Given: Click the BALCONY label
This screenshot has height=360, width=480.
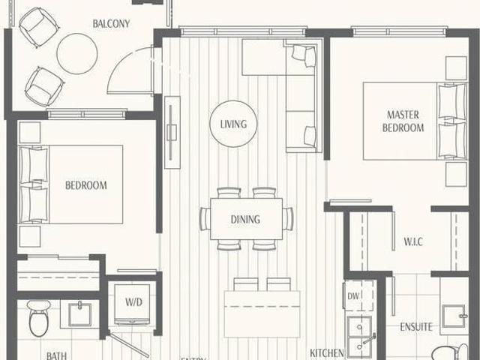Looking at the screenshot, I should (x=111, y=23).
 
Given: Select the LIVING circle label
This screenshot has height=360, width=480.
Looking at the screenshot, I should (x=233, y=124).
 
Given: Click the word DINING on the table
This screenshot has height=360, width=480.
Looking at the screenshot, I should (x=246, y=220).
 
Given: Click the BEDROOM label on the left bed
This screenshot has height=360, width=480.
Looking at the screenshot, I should (x=85, y=185).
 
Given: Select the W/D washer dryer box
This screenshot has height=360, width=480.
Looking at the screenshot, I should (x=133, y=303).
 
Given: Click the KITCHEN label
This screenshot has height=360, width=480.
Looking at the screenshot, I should (x=328, y=352).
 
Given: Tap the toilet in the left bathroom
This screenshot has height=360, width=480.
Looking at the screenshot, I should (x=39, y=319).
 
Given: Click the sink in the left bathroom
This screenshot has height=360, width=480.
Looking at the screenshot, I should (x=79, y=313).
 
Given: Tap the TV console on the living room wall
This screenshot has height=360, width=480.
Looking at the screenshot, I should (x=172, y=131).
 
